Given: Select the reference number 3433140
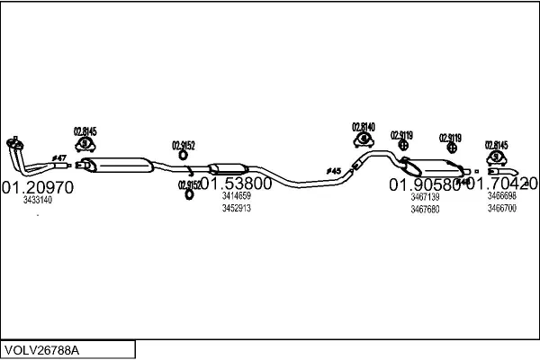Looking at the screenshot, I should point(37,201).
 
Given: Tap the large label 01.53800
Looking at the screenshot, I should point(236,184).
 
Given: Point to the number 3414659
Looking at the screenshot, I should point(236,195).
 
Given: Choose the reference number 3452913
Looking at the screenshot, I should point(236,208).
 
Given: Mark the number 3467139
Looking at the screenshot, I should point(425,196).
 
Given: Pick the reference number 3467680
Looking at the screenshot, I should point(425,209).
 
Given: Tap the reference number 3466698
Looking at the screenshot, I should point(502,195).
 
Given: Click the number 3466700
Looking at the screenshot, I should point(502,208).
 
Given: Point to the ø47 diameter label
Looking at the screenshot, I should point(59,158).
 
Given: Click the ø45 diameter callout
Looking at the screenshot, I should point(333,171).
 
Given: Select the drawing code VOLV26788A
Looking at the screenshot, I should point(42,349).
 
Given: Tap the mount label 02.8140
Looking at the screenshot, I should point(363,127).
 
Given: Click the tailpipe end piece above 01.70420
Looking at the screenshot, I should point(501,170).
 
